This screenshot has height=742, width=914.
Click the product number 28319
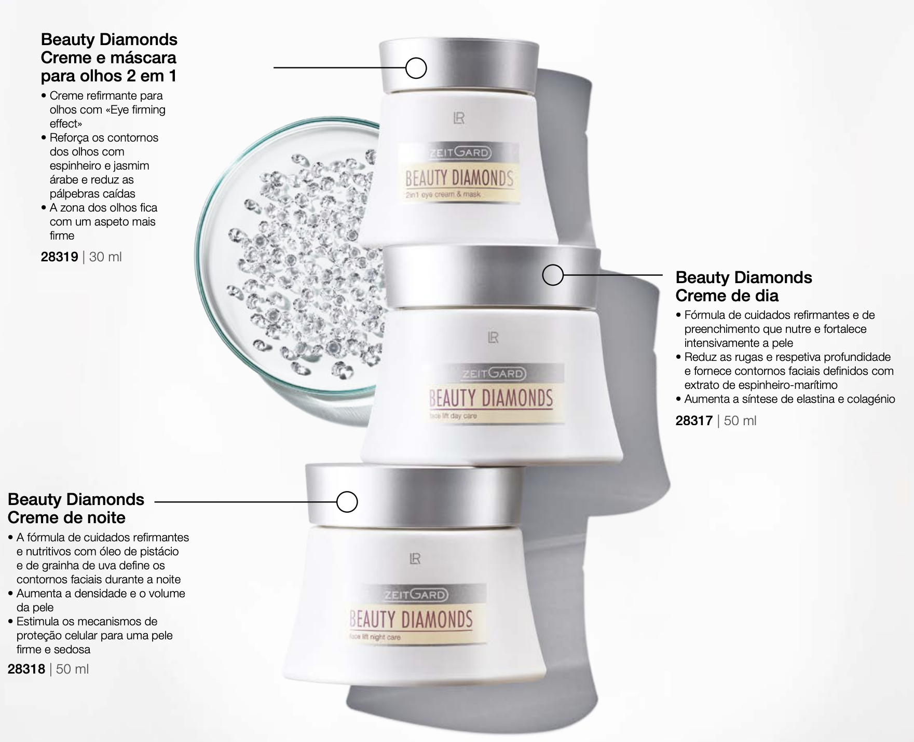pyautogui.click(x=59, y=257)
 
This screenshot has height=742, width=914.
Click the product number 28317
pyautogui.click(x=694, y=421)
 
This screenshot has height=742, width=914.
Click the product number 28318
pyautogui.click(x=26, y=669)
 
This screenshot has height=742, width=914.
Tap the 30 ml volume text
pyautogui.click(x=105, y=257)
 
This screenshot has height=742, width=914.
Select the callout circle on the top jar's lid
pyautogui.click(x=416, y=68)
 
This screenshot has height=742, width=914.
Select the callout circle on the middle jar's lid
pyautogui.click(x=553, y=275)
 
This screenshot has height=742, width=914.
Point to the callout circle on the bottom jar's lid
pyautogui.click(x=347, y=501)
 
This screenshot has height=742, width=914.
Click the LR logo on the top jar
pyautogui.click(x=459, y=119)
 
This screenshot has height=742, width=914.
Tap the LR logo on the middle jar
pyautogui.click(x=493, y=338)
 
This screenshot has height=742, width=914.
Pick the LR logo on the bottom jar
pyautogui.click(x=415, y=558)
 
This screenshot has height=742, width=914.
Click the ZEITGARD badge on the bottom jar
pyautogui.click(x=416, y=595)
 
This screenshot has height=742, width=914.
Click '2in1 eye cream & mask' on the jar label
pyautogui.click(x=443, y=194)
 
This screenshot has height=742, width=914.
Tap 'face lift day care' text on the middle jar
pyautogui.click(x=453, y=415)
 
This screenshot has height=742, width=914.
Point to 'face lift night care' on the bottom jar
pyautogui.click(x=375, y=637)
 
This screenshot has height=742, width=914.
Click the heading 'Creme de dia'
pyautogui.click(x=727, y=296)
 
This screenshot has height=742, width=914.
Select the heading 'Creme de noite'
pyautogui.click(x=66, y=517)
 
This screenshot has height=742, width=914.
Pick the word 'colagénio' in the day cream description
pyautogui.click(x=871, y=399)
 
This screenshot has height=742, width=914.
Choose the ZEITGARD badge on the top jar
pyautogui.click(x=459, y=153)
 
